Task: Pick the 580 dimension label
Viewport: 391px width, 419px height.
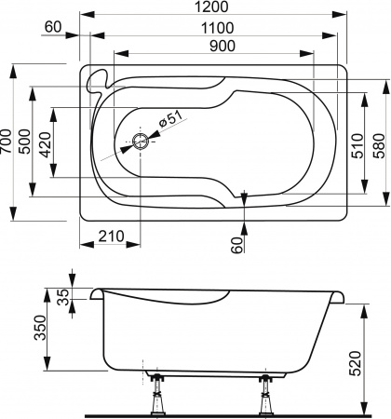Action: click(x=380, y=142)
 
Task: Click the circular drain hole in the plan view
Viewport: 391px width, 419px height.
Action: click(x=140, y=142)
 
